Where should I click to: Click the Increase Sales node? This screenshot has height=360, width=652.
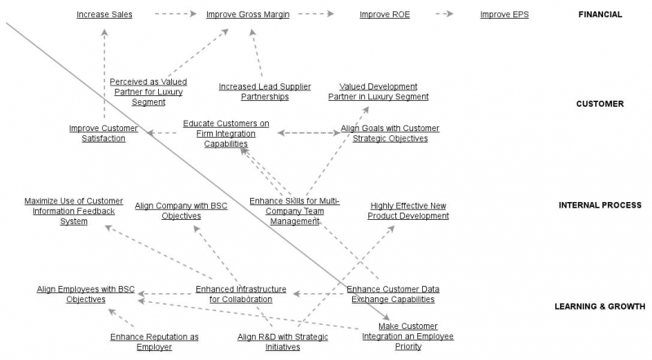(x=104, y=15)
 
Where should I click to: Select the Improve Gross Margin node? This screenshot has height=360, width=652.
(x=248, y=15)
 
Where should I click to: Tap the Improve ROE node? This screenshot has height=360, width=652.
(x=385, y=15)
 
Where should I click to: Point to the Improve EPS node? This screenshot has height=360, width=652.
(x=504, y=15)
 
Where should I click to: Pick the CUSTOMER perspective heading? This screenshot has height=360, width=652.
(x=600, y=104)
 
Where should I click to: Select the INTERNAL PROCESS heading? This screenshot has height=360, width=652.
(x=600, y=206)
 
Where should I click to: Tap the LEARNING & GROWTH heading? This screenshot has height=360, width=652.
(x=600, y=307)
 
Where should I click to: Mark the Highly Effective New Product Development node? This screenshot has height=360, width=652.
(x=408, y=211)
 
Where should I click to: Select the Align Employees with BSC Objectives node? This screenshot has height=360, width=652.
(x=86, y=294)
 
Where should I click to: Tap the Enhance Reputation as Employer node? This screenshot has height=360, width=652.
(x=154, y=342)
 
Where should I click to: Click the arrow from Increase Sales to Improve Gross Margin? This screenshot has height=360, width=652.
(x=176, y=15)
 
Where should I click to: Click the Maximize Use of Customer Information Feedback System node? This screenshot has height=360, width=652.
(x=73, y=211)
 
